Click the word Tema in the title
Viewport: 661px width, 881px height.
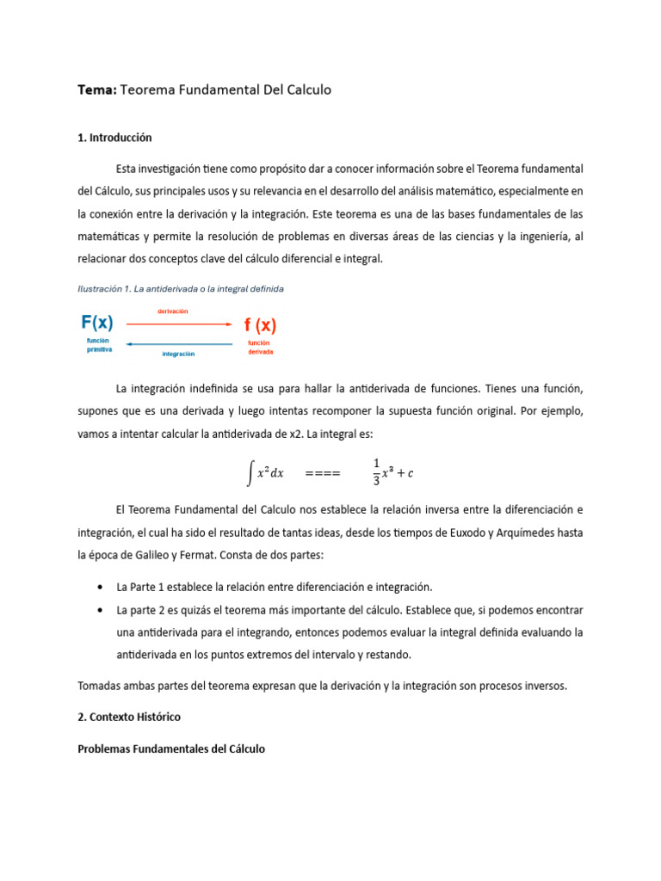pos(96,89)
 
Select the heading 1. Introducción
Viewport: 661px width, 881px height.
pos(114,137)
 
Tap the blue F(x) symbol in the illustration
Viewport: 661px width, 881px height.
pos(96,323)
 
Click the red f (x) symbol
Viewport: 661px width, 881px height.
pos(260,325)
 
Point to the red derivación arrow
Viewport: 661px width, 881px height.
pos(180,324)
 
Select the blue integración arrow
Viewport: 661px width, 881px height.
pos(180,344)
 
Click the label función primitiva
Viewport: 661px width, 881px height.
pos(99,346)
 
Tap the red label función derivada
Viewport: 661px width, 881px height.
pos(262,348)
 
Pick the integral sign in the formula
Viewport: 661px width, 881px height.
pos(250,471)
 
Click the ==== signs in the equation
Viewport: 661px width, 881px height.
pos(323,473)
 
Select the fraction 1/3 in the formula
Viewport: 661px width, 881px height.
pos(376,472)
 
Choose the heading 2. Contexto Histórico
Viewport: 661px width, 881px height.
pos(129,716)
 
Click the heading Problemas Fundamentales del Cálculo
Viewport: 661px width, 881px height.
pos(171,749)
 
